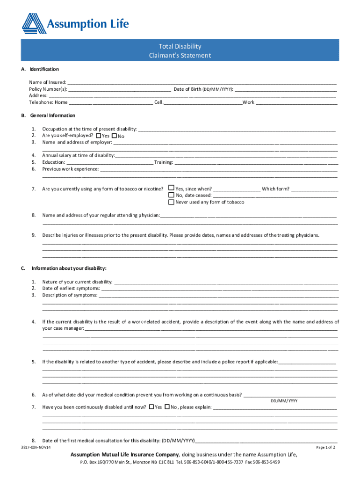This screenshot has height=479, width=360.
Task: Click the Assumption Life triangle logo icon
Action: pyautogui.click(x=34, y=23)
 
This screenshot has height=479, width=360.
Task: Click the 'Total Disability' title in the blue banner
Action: pyautogui.click(x=180, y=46)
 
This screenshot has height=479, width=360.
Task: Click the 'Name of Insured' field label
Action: pyautogui.click(x=47, y=82)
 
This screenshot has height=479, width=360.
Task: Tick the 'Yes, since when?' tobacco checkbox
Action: pyautogui.click(x=171, y=189)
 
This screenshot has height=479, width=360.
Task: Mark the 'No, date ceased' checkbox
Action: pyautogui.click(x=171, y=195)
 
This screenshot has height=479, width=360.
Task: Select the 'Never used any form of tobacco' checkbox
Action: pyautogui.click(x=171, y=202)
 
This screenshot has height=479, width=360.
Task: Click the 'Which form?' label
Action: pyautogui.click(x=275, y=189)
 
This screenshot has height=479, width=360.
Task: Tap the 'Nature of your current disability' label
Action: pyautogui.click(x=77, y=282)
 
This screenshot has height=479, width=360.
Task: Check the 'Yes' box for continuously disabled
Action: pyautogui.click(x=151, y=407)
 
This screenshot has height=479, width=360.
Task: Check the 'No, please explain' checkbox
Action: pyautogui.click(x=167, y=407)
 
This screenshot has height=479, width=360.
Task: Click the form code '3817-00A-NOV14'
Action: pyautogui.click(x=36, y=447)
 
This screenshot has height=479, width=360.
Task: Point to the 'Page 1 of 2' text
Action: pyautogui.click(x=325, y=447)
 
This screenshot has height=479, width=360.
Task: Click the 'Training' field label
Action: pyautogui.click(x=164, y=162)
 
